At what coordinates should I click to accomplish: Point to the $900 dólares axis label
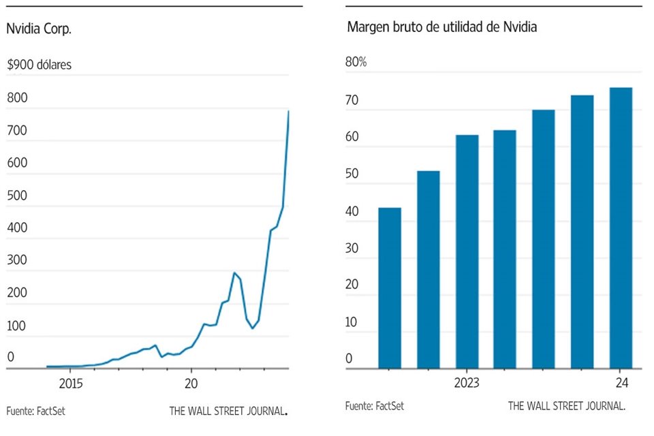[x=39, y=65]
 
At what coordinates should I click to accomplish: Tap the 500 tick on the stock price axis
[x=16, y=196]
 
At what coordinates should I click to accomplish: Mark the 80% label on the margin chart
[x=356, y=62]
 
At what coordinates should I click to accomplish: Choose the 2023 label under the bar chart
[x=466, y=383]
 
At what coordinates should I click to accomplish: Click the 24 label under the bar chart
[x=621, y=383]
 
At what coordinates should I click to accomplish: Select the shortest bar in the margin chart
[x=390, y=287]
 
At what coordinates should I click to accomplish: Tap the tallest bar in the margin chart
[x=621, y=228]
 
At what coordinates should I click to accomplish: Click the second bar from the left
[x=429, y=269]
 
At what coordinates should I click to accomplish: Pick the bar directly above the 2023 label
[x=467, y=251]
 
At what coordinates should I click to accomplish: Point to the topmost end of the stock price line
[x=288, y=111]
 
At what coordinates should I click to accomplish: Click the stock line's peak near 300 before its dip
[x=234, y=273]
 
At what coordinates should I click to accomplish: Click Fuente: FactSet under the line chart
[x=35, y=411]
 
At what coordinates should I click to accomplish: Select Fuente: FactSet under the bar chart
[x=374, y=406]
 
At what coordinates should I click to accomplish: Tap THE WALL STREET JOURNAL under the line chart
[x=228, y=411]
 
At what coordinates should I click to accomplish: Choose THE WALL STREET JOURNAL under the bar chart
[x=566, y=406]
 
